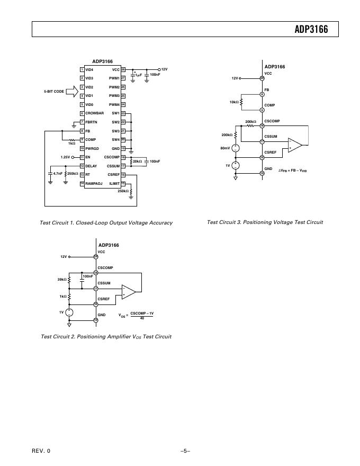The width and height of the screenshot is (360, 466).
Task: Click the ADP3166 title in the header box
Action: pos(311,30)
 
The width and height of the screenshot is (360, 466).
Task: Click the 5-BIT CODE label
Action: pos(54,92)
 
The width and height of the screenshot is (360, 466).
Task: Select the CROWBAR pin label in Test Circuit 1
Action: pos(94,113)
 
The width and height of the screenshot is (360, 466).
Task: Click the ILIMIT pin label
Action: pos(114,183)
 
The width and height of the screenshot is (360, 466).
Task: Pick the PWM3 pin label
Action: pos(114,96)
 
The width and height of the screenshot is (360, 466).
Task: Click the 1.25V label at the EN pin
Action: pos(65,157)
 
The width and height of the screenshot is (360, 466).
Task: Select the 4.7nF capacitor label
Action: pos(58,173)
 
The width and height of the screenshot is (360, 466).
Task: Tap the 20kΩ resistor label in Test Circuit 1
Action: pos(138,161)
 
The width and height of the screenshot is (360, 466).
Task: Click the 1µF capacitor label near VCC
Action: pos(138,75)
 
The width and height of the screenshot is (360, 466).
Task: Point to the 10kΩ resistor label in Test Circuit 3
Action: pos(233,102)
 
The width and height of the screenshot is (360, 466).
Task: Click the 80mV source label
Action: pos(225,148)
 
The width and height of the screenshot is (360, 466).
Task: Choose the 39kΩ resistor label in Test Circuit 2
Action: pos(61,279)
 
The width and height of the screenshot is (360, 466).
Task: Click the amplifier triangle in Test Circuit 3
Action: pos(294,145)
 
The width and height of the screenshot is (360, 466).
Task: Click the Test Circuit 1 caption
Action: pos(106,223)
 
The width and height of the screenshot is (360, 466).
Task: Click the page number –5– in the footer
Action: pos(185,451)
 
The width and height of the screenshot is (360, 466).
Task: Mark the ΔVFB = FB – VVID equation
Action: pos(293,171)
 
